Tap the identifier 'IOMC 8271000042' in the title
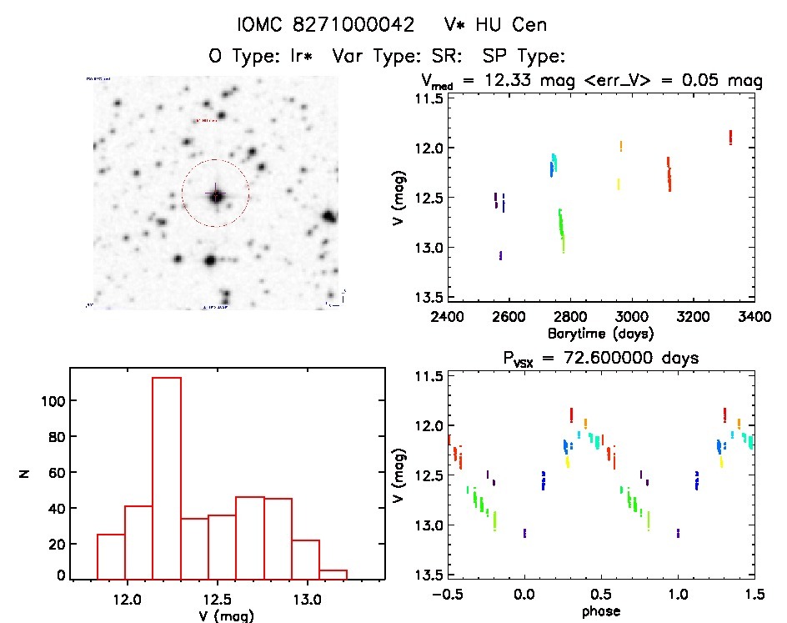click(x=326, y=25)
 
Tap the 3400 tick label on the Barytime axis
click(x=754, y=317)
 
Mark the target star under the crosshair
click(x=216, y=196)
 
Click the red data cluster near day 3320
click(x=730, y=137)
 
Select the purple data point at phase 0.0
click(x=524, y=533)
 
